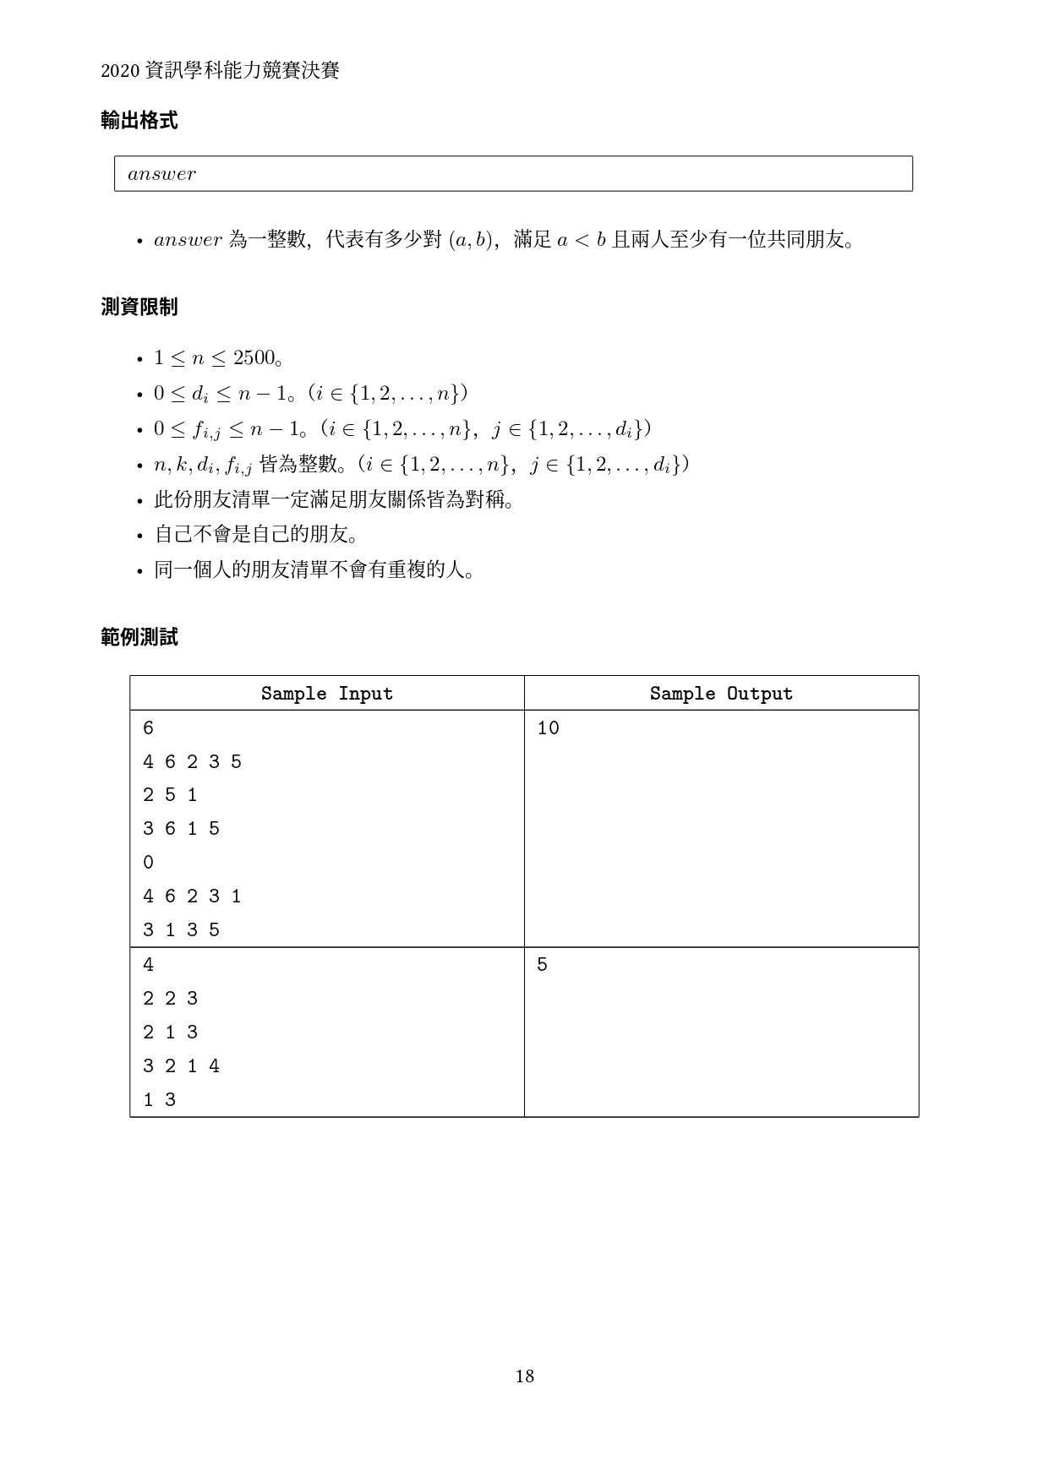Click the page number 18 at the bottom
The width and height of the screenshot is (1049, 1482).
pyautogui.click(x=524, y=1376)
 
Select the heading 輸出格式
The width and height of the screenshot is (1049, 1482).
pyautogui.click(x=139, y=121)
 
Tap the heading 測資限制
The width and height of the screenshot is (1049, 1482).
pyautogui.click(x=139, y=307)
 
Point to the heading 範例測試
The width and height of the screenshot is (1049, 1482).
pyautogui.click(x=139, y=638)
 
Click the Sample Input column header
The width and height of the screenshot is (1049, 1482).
pyautogui.click(x=326, y=694)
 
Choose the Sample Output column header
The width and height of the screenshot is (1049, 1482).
pyautogui.click(x=721, y=694)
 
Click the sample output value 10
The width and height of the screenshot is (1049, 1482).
pyautogui.click(x=548, y=728)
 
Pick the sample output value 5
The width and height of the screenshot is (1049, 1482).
pyautogui.click(x=542, y=965)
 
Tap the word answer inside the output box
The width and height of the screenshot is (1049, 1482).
pyautogui.click(x=161, y=174)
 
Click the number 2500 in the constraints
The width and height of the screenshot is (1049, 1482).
pyautogui.click(x=254, y=358)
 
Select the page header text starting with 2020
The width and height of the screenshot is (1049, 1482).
pyautogui.click(x=220, y=71)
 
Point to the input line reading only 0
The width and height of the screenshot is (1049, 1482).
pyautogui.click(x=149, y=863)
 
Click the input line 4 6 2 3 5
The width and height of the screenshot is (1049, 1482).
pyautogui.click(x=192, y=762)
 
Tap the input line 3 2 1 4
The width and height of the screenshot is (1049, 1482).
pyautogui.click(x=181, y=1066)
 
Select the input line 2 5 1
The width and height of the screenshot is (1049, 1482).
pyautogui.click(x=170, y=795)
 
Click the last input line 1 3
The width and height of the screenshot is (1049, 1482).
pyautogui.click(x=160, y=1100)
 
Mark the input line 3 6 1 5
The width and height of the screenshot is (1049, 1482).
pyautogui.click(x=181, y=829)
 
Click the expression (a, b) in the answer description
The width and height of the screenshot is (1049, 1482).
pyautogui.click(x=472, y=240)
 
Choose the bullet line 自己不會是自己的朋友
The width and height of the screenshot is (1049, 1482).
pyautogui.click(x=256, y=535)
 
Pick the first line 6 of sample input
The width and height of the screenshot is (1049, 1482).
pyautogui.click(x=149, y=728)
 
